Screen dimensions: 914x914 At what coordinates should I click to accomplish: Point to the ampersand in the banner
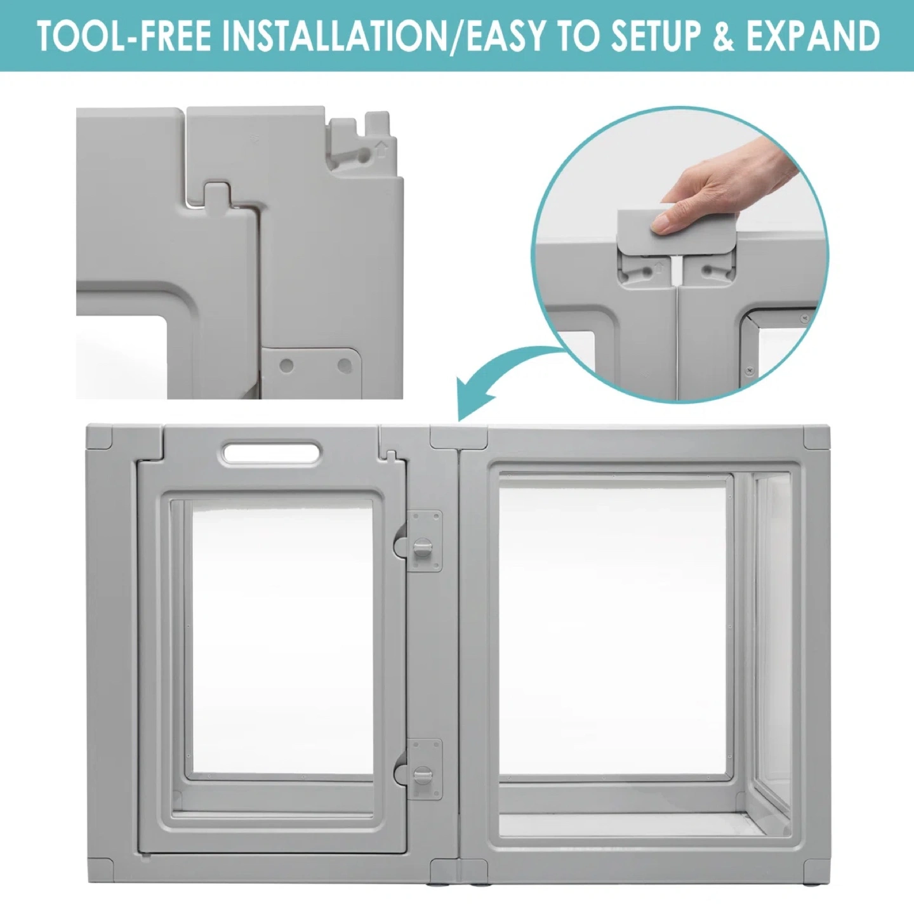[727, 36]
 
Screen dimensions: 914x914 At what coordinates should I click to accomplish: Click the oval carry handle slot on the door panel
[272, 452]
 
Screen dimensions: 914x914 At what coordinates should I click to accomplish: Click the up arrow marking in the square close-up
[381, 149]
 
